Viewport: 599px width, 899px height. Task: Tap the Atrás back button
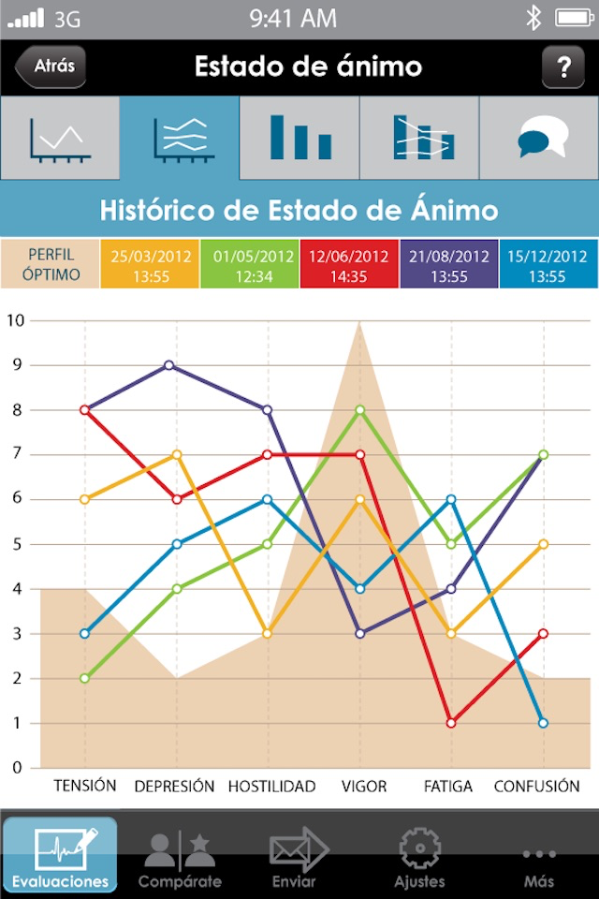point(51,66)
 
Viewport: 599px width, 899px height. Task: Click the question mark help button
point(563,67)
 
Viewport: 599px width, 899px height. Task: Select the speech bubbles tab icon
point(540,139)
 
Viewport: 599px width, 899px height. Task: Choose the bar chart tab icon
point(299,138)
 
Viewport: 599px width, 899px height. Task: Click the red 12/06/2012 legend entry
point(349,264)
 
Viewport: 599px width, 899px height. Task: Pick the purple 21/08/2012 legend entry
point(449,264)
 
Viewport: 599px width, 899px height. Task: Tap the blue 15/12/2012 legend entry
point(548,264)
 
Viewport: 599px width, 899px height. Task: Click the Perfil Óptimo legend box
point(50,264)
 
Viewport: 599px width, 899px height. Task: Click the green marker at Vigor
point(358,410)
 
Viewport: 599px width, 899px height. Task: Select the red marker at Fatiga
point(450,723)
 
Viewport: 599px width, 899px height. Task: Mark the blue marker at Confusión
point(542,723)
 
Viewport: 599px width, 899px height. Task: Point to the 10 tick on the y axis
point(15,320)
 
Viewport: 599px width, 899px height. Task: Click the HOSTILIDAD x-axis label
point(271,787)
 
